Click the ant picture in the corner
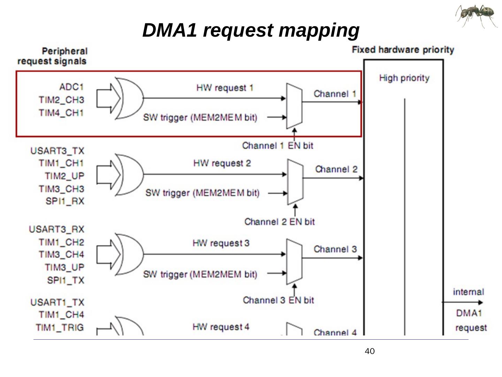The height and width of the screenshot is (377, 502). pos(476,16)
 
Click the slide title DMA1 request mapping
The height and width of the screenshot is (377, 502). pos(251,30)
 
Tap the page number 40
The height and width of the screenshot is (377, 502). pos(370,351)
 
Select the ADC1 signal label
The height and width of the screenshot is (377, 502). pos(71,87)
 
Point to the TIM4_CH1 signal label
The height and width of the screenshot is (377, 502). pos(61,113)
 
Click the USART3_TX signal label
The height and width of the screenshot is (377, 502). pos(58,151)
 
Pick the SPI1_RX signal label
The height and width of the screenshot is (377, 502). pos(65,201)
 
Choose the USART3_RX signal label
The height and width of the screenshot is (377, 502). pos(57,229)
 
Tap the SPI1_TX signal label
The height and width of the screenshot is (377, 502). pos(66,280)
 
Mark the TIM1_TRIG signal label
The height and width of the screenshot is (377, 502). pos(60,327)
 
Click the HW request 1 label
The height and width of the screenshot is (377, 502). pos(225,87)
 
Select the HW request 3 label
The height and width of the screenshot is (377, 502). pos(221,243)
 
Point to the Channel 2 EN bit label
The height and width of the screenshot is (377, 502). pos(279,222)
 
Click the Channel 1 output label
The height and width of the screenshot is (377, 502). pos(335,94)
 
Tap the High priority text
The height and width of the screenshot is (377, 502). pos(404,78)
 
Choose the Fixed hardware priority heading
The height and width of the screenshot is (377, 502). pos(403,50)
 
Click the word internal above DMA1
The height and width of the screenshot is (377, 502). pos(468,292)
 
